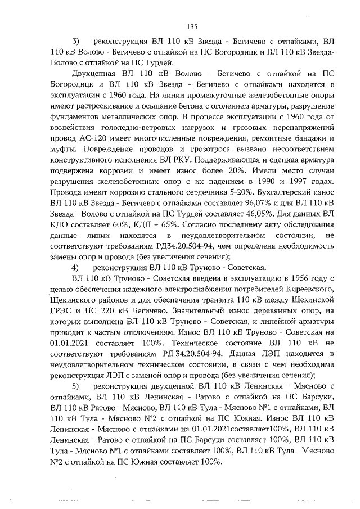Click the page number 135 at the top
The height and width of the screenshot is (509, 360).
192,26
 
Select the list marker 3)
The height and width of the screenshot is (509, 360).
75,42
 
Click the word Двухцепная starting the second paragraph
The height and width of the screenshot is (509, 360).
96,74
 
